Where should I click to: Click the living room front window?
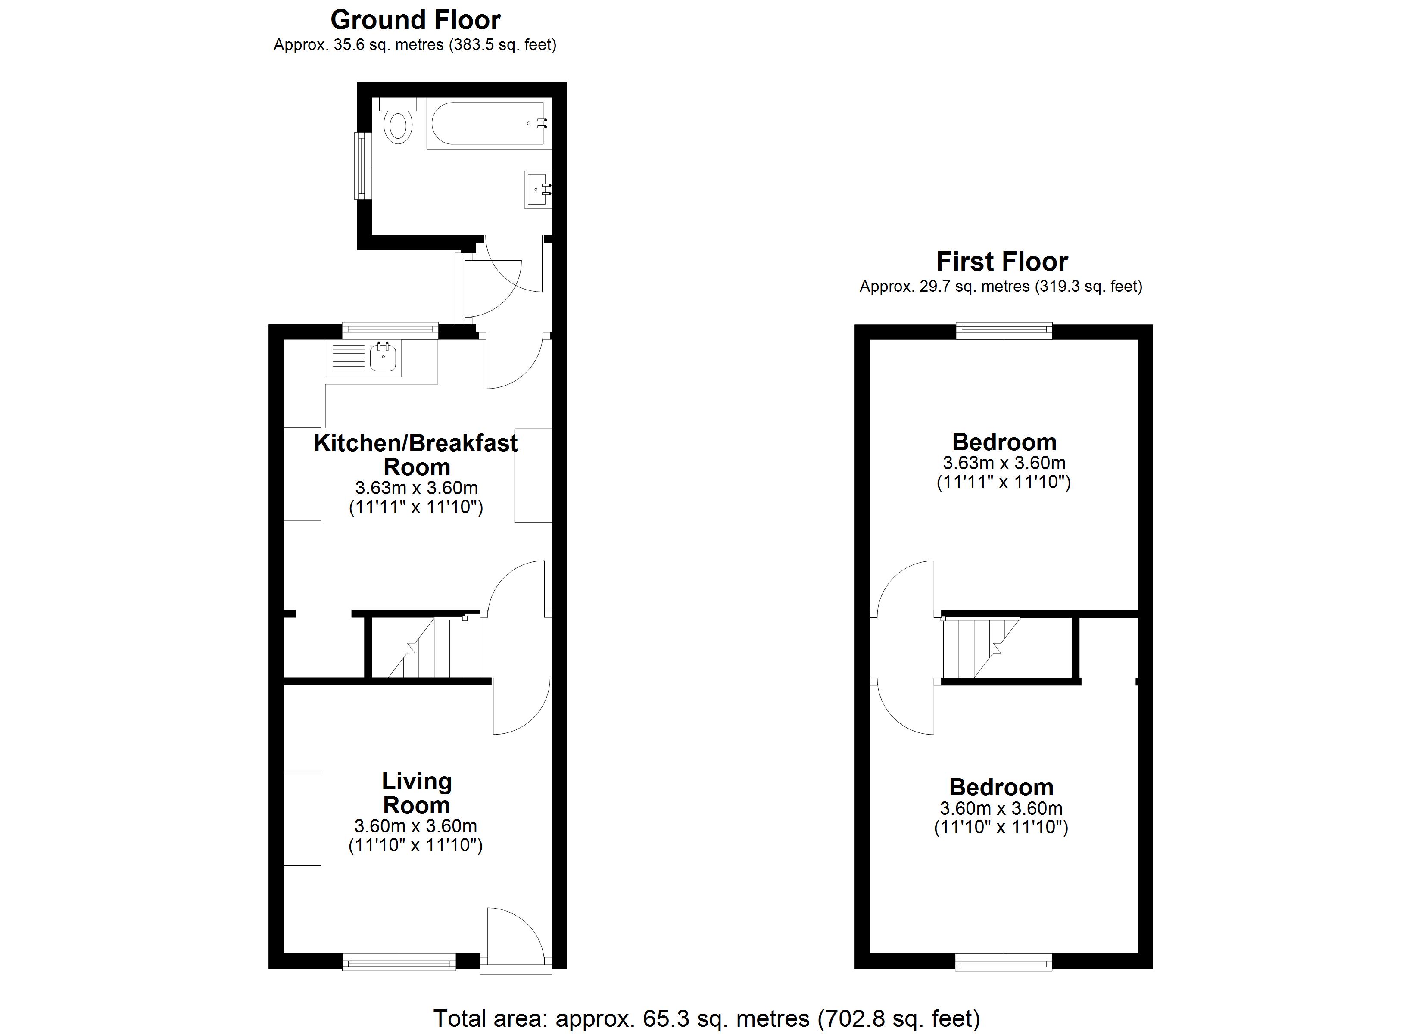399,961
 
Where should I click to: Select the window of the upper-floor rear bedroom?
1004,330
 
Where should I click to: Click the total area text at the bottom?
707,1018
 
